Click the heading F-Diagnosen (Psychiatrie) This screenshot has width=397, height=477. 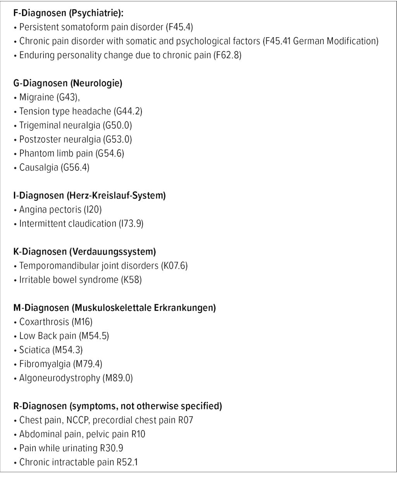pos(68,13)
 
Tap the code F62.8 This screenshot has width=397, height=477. pos(228,55)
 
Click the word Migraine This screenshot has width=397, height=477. pos(37,97)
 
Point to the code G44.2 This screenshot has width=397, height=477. pos(128,111)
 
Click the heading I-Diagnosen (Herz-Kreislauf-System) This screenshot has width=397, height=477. pos(89,196)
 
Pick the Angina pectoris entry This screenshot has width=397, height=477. pos(50,210)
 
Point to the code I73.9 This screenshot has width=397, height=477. pos(131,224)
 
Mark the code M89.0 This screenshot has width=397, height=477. pos(117,378)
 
